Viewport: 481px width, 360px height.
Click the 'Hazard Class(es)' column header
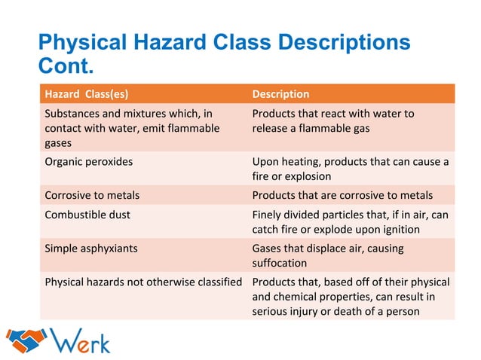[86, 94]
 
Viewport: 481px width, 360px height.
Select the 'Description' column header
[280, 94]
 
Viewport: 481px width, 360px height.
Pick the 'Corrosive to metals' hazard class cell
[92, 195]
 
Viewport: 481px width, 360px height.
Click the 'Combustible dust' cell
[87, 214]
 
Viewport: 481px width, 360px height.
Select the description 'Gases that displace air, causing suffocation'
[328, 255]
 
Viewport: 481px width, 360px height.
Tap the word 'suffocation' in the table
[279, 264]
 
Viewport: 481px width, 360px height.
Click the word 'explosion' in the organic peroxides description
[305, 177]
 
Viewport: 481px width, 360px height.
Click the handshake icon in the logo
[25, 341]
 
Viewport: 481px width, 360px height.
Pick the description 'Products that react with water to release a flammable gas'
[333, 121]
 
